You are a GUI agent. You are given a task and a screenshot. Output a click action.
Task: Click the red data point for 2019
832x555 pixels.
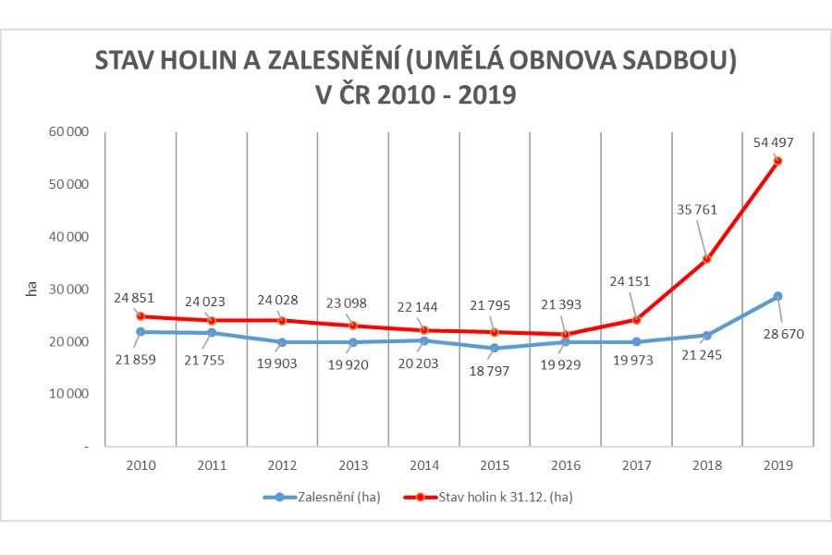(x=777, y=161)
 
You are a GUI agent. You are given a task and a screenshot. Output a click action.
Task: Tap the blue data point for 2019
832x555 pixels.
(x=777, y=296)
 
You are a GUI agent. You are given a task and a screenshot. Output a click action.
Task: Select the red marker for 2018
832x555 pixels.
(x=707, y=259)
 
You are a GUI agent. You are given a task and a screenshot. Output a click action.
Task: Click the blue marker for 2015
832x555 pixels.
(x=495, y=348)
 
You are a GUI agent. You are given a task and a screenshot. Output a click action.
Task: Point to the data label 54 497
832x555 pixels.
(x=774, y=142)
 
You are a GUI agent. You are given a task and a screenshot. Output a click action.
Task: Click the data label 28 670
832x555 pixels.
(x=782, y=333)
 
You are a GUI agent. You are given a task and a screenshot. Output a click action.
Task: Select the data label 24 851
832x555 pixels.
(x=134, y=298)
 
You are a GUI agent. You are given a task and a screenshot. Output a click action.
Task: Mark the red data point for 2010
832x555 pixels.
(x=141, y=316)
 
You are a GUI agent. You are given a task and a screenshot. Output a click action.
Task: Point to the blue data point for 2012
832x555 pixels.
(x=282, y=342)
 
